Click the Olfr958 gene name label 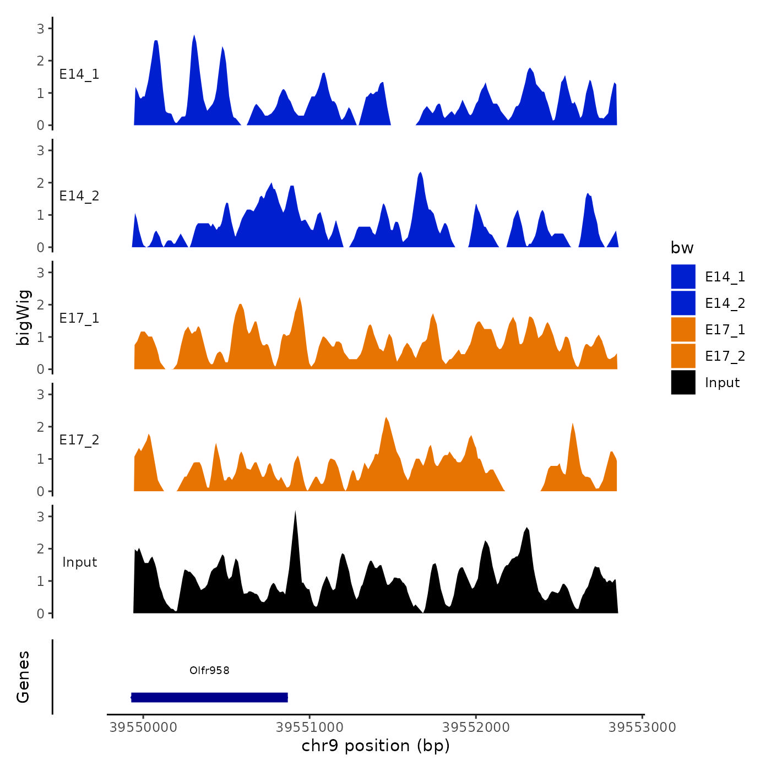tap(209, 670)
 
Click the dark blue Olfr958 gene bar tap(209, 697)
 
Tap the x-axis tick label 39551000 tap(310, 727)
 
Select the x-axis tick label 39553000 tap(642, 727)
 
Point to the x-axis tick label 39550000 tap(143, 727)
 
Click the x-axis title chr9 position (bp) tap(376, 746)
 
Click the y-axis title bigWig tap(23, 317)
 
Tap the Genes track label tap(23, 677)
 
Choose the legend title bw tap(682, 248)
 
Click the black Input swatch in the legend tap(683, 382)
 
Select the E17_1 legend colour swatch tap(683, 329)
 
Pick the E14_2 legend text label tap(725, 303)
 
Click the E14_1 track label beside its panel tap(79, 74)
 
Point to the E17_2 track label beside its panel tap(79, 439)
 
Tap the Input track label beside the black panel tap(79, 562)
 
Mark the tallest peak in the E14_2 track tap(420, 174)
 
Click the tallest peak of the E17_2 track tap(386, 419)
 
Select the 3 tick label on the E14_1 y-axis tap(40, 28)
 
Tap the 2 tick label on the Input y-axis tap(40, 549)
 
